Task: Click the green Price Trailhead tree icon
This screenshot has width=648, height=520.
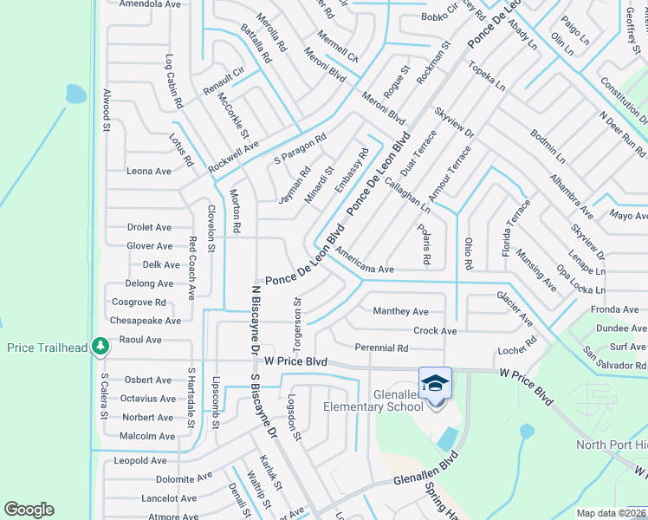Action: tap(101, 347)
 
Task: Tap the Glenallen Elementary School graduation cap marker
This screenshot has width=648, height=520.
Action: tap(435, 382)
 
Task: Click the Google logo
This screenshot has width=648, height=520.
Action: tap(29, 510)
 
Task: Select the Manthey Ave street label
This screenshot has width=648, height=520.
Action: tap(400, 311)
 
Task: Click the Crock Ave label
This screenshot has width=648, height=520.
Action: tap(435, 331)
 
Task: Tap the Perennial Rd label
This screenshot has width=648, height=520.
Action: tap(381, 348)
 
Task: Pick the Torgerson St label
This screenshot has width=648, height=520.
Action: tap(296, 317)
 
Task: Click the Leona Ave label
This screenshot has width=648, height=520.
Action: tap(149, 172)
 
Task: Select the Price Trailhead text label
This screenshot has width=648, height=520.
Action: tap(48, 348)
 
